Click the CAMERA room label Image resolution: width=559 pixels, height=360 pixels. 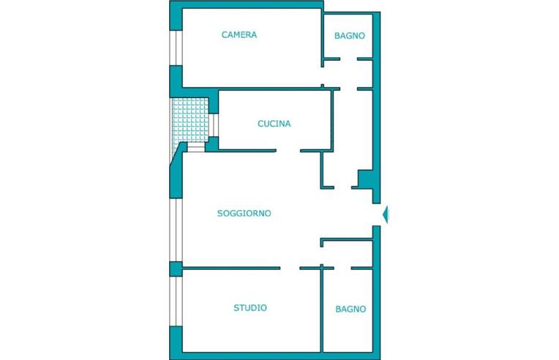click(239, 34)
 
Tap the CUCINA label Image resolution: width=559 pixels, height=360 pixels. click(274, 124)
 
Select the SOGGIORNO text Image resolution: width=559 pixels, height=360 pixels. click(244, 213)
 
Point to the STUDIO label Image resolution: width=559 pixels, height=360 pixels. click(250, 307)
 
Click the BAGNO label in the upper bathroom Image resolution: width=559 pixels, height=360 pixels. click(350, 36)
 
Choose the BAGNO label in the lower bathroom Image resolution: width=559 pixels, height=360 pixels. click(350, 309)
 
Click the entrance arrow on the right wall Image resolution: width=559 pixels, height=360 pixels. click(386, 215)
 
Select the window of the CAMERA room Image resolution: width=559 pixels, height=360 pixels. click(176, 48)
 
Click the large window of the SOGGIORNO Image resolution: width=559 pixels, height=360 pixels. click(176, 230)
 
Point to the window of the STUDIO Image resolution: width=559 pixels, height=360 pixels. click(176, 301)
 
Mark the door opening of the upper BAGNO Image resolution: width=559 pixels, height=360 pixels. click(349, 59)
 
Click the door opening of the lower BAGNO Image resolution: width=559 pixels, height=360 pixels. click(342, 268)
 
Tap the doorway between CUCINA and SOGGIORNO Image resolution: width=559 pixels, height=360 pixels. click(288, 151)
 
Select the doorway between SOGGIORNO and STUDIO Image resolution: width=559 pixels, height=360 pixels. click(290, 268)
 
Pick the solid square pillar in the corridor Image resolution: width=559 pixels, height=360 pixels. click(365, 179)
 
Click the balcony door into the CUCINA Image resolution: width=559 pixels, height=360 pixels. click(214, 125)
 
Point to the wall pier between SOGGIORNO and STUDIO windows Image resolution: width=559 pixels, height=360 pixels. click(176, 269)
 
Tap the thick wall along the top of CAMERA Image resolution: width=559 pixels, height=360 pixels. click(247, 4)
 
